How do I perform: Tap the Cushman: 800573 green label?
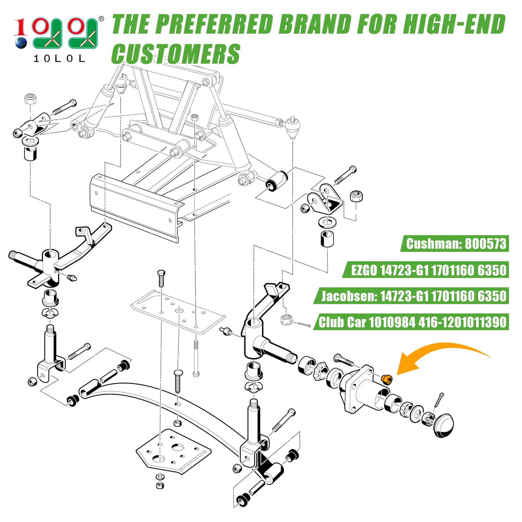click(x=455, y=244)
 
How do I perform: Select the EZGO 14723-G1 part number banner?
click(x=425, y=270)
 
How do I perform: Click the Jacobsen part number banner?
click(x=411, y=296)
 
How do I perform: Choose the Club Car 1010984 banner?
click(x=411, y=322)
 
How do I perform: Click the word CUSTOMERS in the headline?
click(x=176, y=54)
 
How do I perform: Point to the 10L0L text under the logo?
click(x=59, y=58)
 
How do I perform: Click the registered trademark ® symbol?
click(x=101, y=19)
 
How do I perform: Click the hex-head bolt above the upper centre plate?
click(x=161, y=279)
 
